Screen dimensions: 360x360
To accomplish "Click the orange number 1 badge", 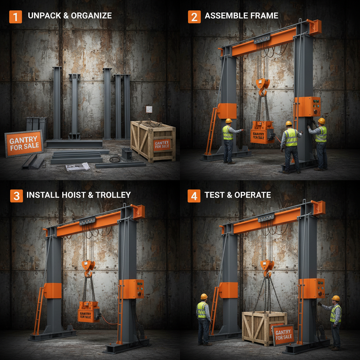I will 15,17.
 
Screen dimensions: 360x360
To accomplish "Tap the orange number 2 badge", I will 194,17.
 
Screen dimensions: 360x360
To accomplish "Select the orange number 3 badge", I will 16,195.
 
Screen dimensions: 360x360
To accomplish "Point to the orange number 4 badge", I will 194,195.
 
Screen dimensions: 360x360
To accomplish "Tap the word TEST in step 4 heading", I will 214,195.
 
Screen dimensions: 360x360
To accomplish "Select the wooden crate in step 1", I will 153,141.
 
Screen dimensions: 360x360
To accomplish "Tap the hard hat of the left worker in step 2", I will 229,121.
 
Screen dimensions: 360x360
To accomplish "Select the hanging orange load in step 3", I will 88,311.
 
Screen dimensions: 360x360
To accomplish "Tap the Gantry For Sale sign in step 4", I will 283,334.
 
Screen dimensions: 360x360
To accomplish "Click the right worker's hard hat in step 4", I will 336,298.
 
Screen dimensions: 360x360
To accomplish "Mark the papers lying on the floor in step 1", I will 77,167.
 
